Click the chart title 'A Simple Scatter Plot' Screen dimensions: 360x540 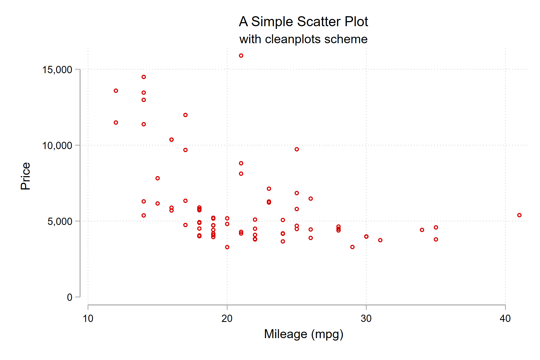tap(303, 22)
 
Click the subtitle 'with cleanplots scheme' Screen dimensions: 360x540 tap(303, 39)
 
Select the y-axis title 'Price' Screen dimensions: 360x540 tap(26, 176)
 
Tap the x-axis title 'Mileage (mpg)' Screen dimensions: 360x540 tap(303, 334)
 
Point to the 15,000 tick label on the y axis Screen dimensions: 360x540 tap(57, 70)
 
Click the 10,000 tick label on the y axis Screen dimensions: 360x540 tap(57, 146)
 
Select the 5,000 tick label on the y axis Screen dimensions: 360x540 tap(60, 221)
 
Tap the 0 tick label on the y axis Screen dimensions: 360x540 tap(70, 297)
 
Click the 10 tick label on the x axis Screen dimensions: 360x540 tap(88, 319)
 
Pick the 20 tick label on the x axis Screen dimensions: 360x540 tap(227, 319)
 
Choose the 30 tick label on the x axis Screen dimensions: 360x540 tap(366, 319)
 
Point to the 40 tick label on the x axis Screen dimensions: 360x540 tap(505, 319)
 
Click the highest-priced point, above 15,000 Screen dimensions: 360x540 tap(241, 56)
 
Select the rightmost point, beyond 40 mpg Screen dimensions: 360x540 tap(519, 215)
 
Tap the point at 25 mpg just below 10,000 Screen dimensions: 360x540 tap(297, 149)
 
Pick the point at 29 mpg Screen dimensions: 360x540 tap(352, 247)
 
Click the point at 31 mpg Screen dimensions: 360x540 tap(380, 240)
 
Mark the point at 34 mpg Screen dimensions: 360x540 tap(422, 230)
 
